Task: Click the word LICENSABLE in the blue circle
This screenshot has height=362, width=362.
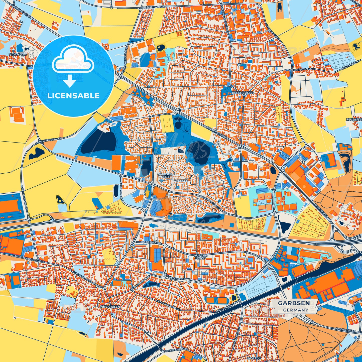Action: point(73,96)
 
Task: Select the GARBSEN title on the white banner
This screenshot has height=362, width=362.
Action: point(294,303)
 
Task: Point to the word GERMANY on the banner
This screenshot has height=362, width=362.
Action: point(296,310)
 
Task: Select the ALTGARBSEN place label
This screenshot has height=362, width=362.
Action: point(110,307)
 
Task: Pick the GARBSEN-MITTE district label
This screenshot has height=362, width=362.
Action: point(165,175)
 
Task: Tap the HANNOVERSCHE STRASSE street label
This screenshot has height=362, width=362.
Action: point(173,349)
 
